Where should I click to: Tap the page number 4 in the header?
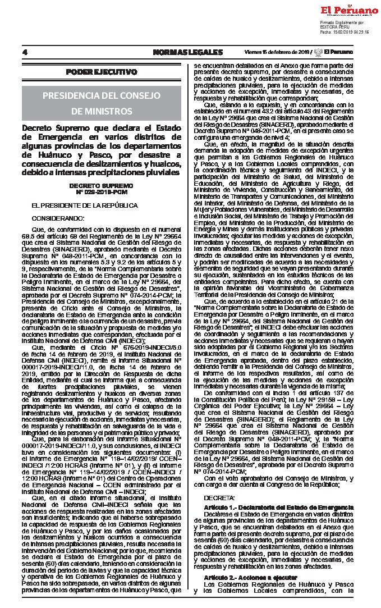25,53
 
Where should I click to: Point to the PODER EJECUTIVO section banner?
102,72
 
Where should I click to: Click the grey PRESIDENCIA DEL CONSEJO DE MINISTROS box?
102,102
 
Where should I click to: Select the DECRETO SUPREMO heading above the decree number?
101,185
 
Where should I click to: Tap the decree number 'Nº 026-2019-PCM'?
101,191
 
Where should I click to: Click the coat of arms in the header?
319,52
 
